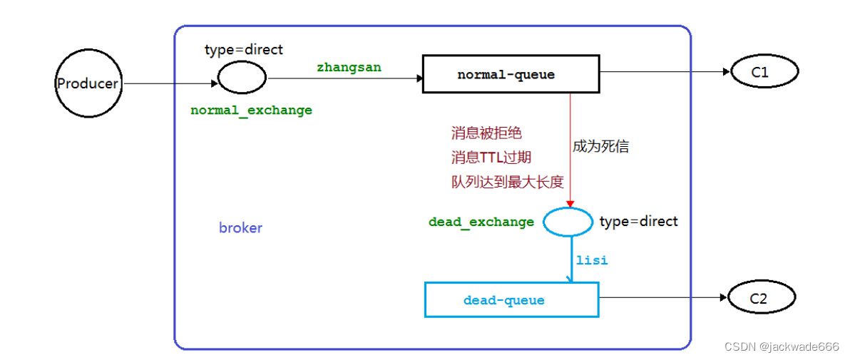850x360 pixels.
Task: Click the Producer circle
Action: click(88, 83)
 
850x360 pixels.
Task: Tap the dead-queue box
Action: click(511, 300)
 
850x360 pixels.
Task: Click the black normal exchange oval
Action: click(242, 77)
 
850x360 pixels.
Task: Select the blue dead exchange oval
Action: click(568, 222)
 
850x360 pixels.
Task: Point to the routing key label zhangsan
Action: click(349, 67)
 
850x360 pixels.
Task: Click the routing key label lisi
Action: click(592, 260)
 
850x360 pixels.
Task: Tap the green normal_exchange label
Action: click(251, 110)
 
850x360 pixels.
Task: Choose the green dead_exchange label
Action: click(481, 222)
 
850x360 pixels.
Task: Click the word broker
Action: click(240, 228)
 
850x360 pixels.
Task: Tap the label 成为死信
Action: click(600, 147)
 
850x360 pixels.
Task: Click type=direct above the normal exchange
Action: click(244, 50)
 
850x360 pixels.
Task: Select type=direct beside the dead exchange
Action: click(639, 222)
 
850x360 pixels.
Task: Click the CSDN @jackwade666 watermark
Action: click(782, 346)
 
